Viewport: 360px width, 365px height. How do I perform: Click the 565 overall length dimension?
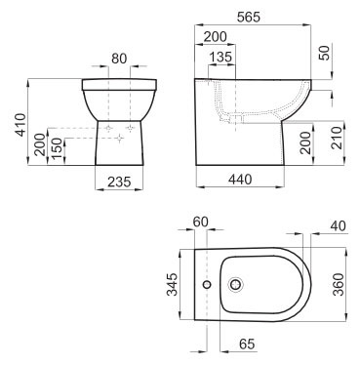(249, 17)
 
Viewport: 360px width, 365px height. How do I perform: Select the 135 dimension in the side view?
(220, 57)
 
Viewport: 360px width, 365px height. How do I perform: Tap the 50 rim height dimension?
(324, 52)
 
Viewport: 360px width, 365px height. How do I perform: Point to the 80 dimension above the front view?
(119, 59)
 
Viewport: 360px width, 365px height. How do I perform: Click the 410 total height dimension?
(20, 125)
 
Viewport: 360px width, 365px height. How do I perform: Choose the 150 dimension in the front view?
(56, 148)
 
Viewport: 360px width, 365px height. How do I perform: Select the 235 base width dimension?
(119, 182)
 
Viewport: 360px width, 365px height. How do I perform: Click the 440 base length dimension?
(240, 179)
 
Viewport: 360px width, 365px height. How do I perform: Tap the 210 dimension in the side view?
(337, 138)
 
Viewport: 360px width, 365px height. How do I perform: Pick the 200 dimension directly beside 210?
(305, 142)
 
